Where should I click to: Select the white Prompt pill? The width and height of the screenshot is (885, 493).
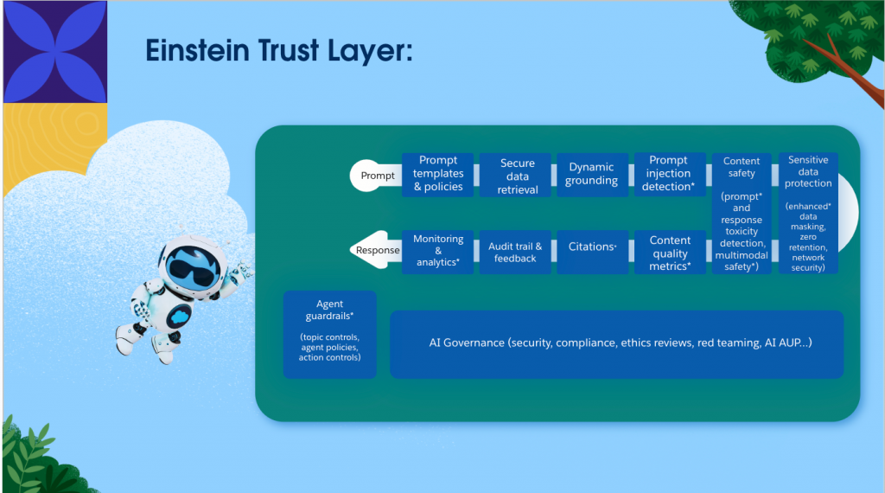pos(376,176)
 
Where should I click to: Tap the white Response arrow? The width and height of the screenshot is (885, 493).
pos(376,250)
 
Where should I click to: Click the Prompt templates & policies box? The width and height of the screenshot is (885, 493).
pos(438,174)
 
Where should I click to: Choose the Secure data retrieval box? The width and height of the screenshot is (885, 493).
pos(515,175)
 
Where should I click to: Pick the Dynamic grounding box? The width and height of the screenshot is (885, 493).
pos(593,175)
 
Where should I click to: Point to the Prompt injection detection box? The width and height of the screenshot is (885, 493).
pos(670,174)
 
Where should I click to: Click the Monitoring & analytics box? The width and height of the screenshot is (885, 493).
pos(438,252)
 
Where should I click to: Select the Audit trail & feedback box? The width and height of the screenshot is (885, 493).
pos(515,252)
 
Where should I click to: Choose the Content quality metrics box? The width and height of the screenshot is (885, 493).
pos(670,252)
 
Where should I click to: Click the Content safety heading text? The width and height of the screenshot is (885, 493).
pos(742,167)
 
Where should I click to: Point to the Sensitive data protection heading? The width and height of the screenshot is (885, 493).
pos(808,171)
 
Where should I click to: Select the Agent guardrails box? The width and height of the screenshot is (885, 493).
pos(329,335)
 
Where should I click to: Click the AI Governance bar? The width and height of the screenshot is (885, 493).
pos(617,344)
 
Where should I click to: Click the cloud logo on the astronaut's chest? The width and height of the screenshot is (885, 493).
pos(180,317)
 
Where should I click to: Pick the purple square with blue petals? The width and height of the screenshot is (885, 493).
pos(55,52)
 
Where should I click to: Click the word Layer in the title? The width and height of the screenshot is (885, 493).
pos(370,51)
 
